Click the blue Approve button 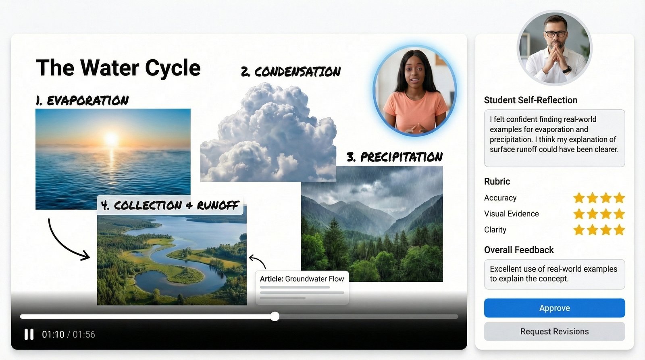tap(554, 308)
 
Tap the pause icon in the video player tap(29, 334)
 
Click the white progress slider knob tap(275, 316)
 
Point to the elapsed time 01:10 tap(53, 334)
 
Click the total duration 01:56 tap(84, 334)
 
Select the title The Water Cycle tap(118, 68)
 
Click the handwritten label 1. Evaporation tap(82, 100)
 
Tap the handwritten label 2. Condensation tap(291, 71)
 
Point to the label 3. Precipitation tap(395, 157)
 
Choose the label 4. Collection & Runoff tap(170, 205)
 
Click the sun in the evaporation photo tap(111, 138)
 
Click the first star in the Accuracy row tap(579, 198)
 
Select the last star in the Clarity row tap(619, 230)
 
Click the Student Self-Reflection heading tap(531, 100)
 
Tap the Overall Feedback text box tap(554, 274)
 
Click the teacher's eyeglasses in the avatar tap(556, 34)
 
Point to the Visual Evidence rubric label tap(512, 214)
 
